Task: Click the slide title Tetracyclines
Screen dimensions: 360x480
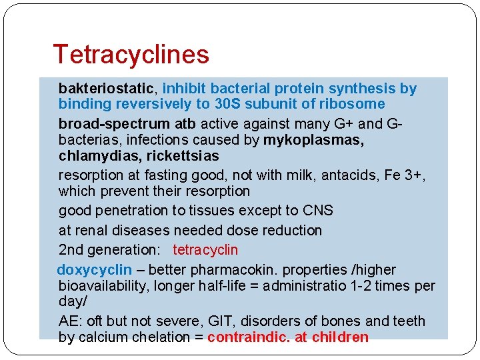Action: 131,54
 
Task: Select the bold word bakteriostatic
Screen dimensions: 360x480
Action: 107,89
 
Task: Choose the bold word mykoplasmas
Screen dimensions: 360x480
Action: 313,140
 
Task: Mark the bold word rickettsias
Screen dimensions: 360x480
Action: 182,156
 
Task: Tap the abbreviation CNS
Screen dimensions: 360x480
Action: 317,211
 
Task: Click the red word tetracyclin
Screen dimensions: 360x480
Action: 205,250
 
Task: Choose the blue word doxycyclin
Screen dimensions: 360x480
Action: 94,270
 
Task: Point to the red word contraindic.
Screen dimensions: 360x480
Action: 249,337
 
